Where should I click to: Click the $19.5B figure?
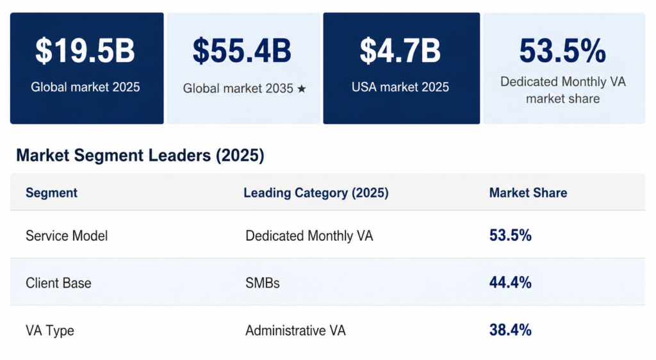tap(85, 51)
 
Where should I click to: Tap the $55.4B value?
tap(242, 51)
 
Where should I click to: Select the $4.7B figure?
tap(400, 51)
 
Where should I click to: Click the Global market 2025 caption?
tap(85, 87)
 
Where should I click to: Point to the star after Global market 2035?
tap(301, 89)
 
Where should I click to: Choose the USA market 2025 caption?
tap(400, 87)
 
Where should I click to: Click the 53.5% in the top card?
tap(562, 51)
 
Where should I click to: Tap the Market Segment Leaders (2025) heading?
tap(140, 156)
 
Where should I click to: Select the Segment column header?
tap(51, 193)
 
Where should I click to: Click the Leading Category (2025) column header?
tap(316, 193)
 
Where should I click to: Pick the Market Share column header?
tap(528, 193)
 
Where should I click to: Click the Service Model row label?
tap(67, 236)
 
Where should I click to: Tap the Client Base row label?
tap(58, 282)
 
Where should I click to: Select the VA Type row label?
tap(50, 331)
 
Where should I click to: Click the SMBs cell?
tap(263, 282)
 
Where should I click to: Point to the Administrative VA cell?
tap(295, 331)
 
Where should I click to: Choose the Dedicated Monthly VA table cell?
tap(309, 236)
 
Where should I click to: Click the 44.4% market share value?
tap(510, 282)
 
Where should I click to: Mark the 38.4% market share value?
tap(510, 331)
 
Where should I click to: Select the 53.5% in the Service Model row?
tap(510, 235)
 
